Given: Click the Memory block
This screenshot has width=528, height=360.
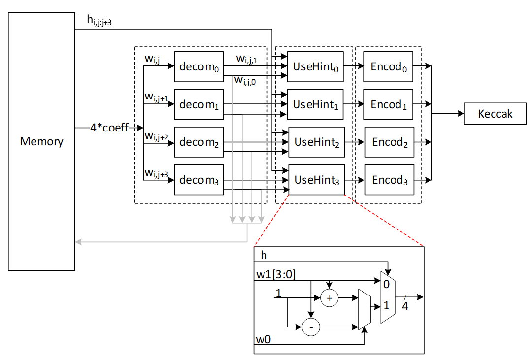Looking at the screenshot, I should tap(41, 141).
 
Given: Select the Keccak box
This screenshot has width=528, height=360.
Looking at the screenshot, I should tap(495, 114).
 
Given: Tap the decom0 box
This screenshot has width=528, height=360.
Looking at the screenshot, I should tap(198, 66).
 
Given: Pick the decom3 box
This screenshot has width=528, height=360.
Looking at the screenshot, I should tap(198, 180).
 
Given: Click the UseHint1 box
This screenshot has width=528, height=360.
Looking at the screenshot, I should tap(315, 104).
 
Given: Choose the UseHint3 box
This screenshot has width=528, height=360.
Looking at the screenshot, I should tap(316, 180).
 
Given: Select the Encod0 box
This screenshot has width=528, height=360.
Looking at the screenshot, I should tap(388, 66).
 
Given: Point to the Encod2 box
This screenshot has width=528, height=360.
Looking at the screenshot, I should tap(389, 142).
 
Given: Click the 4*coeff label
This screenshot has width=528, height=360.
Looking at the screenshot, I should tap(108, 128).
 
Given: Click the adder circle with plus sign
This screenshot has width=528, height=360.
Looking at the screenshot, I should tap(330, 297).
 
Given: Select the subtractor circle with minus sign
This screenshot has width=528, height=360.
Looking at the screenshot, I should tap(311, 327).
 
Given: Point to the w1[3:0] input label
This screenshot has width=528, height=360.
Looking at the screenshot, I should tap(275, 274).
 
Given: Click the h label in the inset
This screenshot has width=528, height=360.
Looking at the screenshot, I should tap(264, 256).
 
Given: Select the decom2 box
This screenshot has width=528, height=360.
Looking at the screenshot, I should tap(198, 142).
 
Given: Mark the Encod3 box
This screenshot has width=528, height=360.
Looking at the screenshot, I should tap(389, 180).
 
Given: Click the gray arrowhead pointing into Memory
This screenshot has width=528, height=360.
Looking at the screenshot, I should tap(78, 242).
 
